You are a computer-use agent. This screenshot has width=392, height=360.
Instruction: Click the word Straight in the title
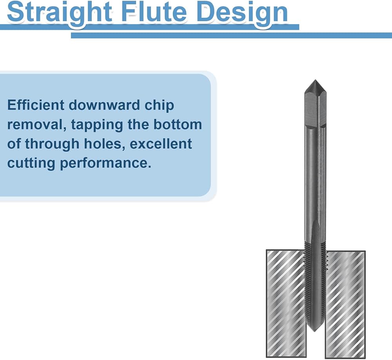(x=60, y=12)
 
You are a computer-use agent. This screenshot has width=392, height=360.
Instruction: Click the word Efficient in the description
(x=36, y=105)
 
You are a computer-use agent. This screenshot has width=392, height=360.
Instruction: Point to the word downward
(x=104, y=105)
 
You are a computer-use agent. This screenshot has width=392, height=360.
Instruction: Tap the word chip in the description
(x=159, y=106)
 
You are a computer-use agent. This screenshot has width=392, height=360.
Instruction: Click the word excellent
(x=161, y=144)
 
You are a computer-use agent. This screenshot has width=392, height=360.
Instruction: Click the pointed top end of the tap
(x=315, y=80)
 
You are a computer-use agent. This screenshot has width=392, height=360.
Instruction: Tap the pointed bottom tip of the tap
(x=315, y=331)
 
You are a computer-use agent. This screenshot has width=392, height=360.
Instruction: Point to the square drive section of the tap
(x=315, y=110)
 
